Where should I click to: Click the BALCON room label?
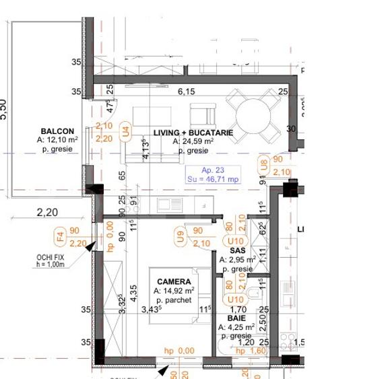57,131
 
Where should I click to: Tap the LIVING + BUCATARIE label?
193,133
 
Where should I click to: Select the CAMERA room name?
174,282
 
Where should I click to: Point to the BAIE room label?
236,318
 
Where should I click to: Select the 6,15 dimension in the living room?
186,92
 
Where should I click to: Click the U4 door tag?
125,132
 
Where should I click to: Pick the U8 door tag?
264,165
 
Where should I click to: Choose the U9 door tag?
180,236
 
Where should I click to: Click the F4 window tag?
59,236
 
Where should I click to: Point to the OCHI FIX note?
51,260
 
